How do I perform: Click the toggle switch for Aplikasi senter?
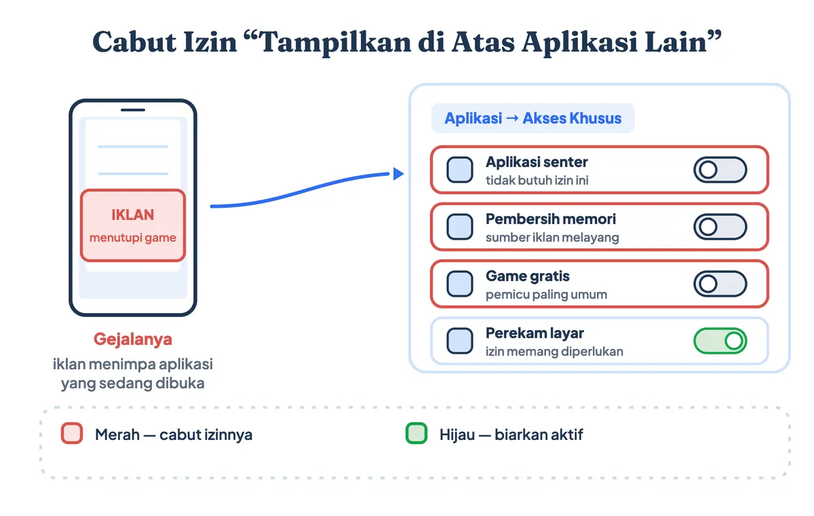coord(720,170)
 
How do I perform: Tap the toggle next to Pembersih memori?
coord(720,227)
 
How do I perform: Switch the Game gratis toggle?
coord(720,284)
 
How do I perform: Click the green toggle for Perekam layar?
coord(720,341)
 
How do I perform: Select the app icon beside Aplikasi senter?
coord(460,170)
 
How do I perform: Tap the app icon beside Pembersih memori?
coord(460,227)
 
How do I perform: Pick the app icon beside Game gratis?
coord(460,284)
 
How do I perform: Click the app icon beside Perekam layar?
coord(460,341)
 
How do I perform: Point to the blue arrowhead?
coord(398,174)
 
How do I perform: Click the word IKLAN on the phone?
coord(133,215)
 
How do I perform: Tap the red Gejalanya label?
coord(133,339)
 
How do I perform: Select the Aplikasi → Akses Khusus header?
coord(532,118)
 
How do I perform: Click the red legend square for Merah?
coord(72,433)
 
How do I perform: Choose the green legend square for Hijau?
coord(416,433)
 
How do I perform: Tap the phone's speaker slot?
coord(133,110)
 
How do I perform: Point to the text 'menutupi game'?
coord(133,238)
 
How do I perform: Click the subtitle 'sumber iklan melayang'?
coord(552,238)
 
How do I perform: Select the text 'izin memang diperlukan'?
coord(555,352)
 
